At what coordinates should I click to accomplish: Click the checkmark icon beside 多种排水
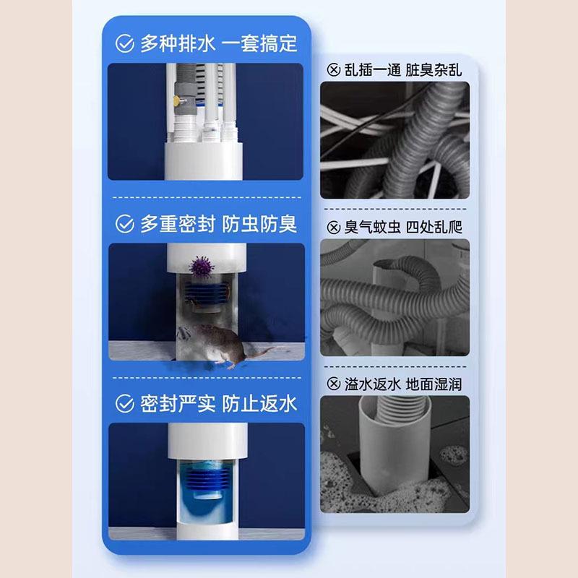125,43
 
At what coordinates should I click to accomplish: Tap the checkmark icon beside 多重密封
125,224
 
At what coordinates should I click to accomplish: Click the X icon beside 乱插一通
333,70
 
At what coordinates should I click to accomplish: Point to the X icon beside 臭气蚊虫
333,228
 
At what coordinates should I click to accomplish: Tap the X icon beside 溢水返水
333,384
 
